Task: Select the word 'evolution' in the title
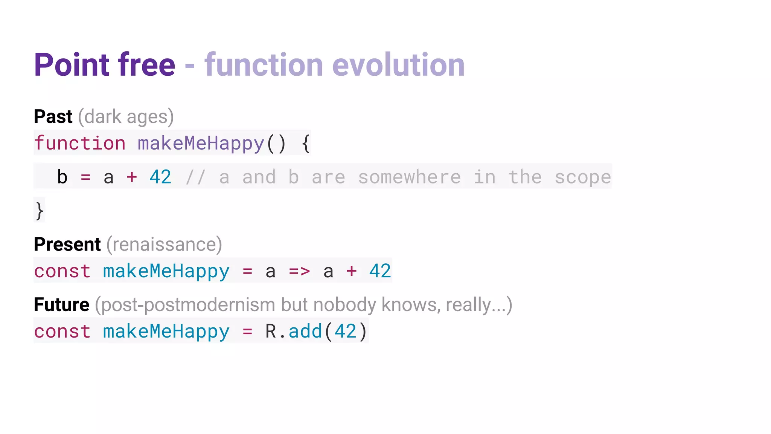pyautogui.click(x=398, y=65)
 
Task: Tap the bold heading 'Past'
pyautogui.click(x=53, y=116)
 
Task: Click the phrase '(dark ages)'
pyautogui.click(x=126, y=117)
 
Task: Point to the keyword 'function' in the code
pyautogui.click(x=80, y=143)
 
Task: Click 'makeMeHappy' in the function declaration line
pyautogui.click(x=201, y=143)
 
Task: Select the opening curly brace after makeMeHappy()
pyautogui.click(x=306, y=144)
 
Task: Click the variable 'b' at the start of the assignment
pyautogui.click(x=62, y=177)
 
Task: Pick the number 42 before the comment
pyautogui.click(x=160, y=177)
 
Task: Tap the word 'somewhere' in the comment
pyautogui.click(x=409, y=177)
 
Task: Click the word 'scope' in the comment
pyautogui.click(x=583, y=177)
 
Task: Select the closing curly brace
pyautogui.click(x=40, y=211)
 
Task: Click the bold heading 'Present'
pyautogui.click(x=67, y=245)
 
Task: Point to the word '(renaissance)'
pyautogui.click(x=164, y=245)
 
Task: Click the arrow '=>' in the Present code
pyautogui.click(x=299, y=271)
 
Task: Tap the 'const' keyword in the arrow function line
pyautogui.click(x=62, y=271)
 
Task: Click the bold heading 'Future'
pyautogui.click(x=62, y=304)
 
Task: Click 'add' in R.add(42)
pyautogui.click(x=305, y=331)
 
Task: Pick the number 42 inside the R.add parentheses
pyautogui.click(x=345, y=331)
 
